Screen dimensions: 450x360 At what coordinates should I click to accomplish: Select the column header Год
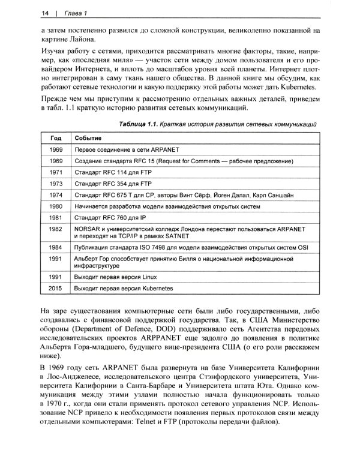click(56, 137)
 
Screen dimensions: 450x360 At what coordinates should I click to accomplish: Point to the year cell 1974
click(56, 195)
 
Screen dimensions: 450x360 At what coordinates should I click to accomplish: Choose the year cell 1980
click(56, 206)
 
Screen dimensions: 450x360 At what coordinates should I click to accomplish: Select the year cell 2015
click(56, 289)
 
